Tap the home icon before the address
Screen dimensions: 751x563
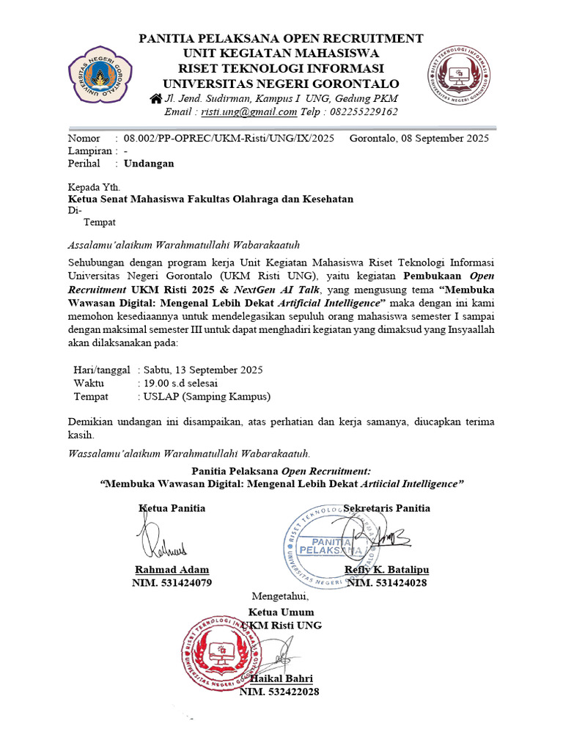[x=155, y=98]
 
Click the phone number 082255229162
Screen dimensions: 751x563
[x=364, y=112]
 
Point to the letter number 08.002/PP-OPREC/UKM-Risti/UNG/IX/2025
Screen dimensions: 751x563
[x=229, y=138]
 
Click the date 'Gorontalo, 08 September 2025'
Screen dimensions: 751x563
[x=419, y=138]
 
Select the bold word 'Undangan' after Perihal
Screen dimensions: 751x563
[x=149, y=164]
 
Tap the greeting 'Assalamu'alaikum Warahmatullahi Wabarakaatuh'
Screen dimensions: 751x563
[x=184, y=244]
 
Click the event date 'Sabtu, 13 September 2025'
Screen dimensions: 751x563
[x=203, y=370]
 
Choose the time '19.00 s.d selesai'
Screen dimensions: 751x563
[x=180, y=383]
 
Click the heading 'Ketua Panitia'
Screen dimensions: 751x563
[x=172, y=508]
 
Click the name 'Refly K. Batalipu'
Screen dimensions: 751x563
[x=387, y=570]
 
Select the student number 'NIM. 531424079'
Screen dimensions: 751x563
[x=172, y=583]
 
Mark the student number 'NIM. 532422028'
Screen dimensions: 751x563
[x=279, y=692]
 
